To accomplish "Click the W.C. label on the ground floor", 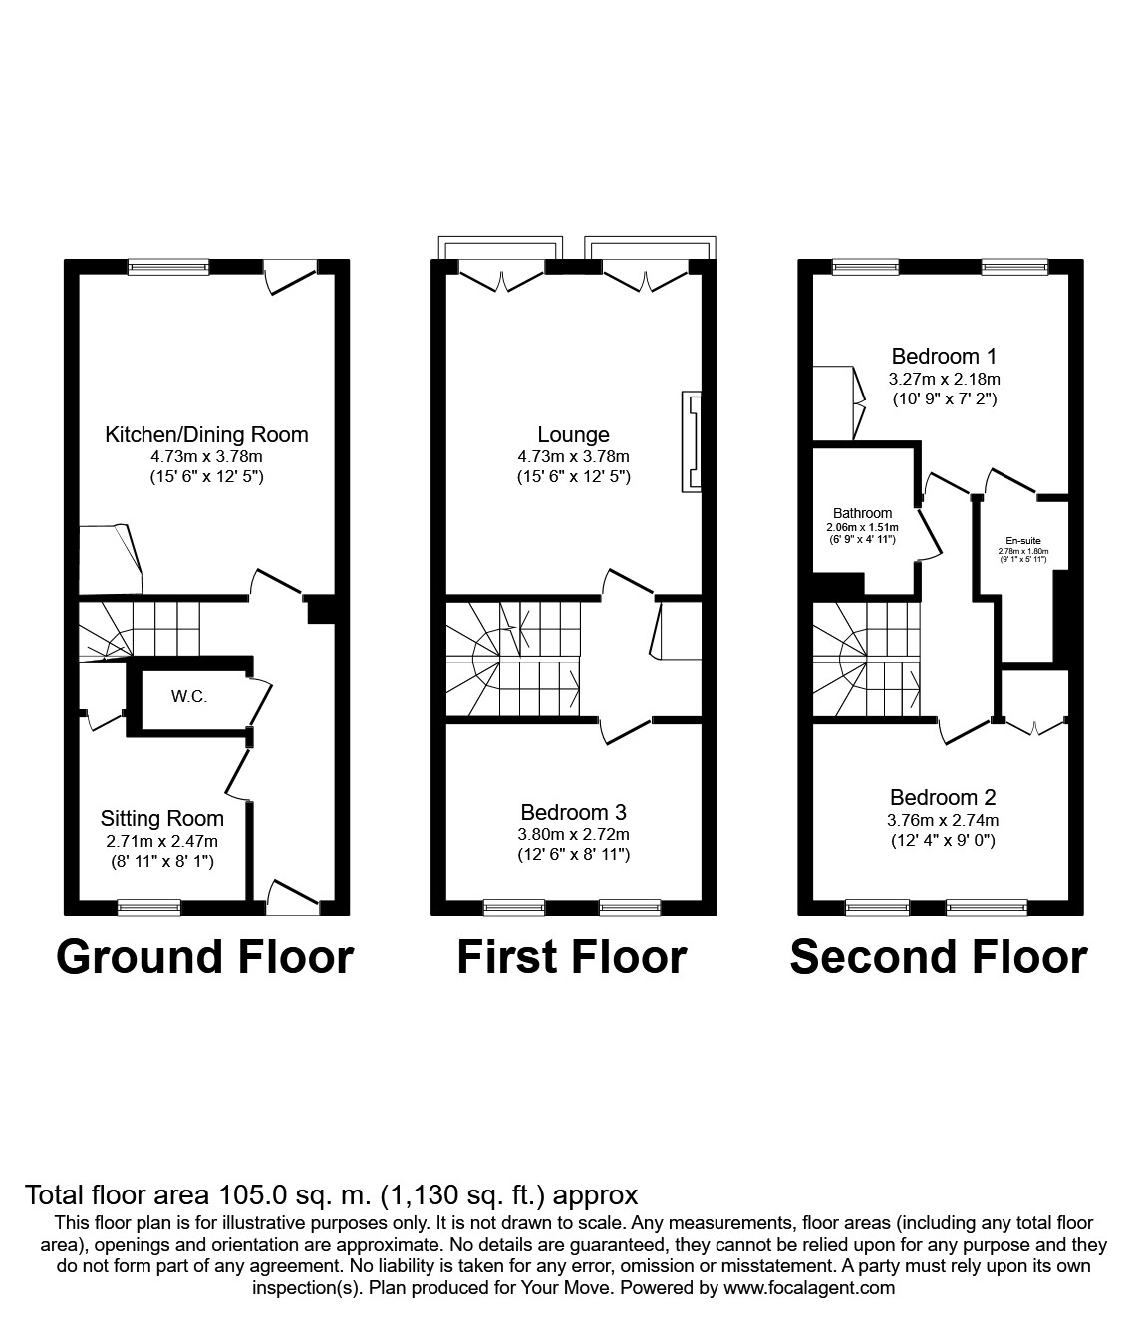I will (189, 697).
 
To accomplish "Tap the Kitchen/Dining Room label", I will (206, 435).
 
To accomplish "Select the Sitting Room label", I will (162, 819).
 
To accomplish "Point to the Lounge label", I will (573, 435).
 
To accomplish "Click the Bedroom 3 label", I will (573, 813).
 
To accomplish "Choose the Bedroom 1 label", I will (944, 356).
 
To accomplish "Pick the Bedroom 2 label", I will (943, 797).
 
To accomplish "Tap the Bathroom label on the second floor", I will (863, 514).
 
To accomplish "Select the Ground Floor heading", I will (205, 957).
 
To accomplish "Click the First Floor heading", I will (572, 957).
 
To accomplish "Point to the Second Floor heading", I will (939, 957).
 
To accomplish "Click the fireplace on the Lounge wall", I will (692, 441).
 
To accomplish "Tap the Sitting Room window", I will (149, 907).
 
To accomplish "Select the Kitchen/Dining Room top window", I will (169, 266).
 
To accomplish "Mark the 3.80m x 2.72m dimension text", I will (573, 835).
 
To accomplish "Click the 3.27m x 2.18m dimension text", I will (944, 379).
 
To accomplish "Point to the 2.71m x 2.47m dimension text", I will (162, 842).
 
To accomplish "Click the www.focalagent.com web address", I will (809, 1288).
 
